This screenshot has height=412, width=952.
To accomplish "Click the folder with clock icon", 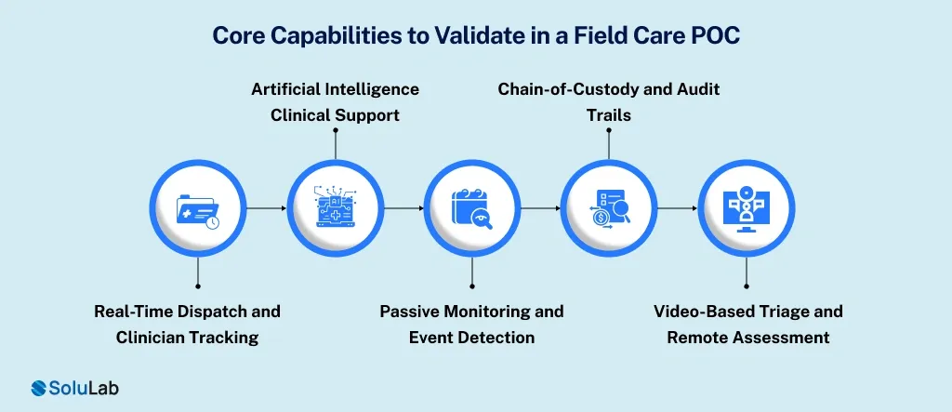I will tap(198, 208).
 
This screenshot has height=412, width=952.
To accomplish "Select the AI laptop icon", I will tap(335, 208).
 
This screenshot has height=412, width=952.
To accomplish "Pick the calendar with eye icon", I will tap(472, 208).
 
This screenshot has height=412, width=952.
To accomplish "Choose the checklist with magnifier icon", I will tap(609, 208).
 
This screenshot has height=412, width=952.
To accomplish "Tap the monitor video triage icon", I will tap(747, 208).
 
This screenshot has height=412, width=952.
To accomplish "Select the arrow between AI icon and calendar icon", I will tap(403, 208).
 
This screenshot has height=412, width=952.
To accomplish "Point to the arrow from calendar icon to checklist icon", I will tap(540, 208).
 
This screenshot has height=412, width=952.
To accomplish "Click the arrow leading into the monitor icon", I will tap(678, 208).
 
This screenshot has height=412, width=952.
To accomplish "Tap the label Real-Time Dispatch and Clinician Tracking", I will tap(187, 324).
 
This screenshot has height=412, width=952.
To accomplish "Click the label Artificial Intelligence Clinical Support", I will tap(335, 102).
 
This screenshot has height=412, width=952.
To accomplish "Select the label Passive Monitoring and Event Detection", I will tap(471, 324).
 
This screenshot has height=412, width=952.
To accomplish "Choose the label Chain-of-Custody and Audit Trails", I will tap(609, 102).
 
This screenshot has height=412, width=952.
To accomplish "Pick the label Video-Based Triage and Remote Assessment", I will tap(747, 324).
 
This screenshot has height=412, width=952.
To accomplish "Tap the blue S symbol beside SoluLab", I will tap(40, 388).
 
